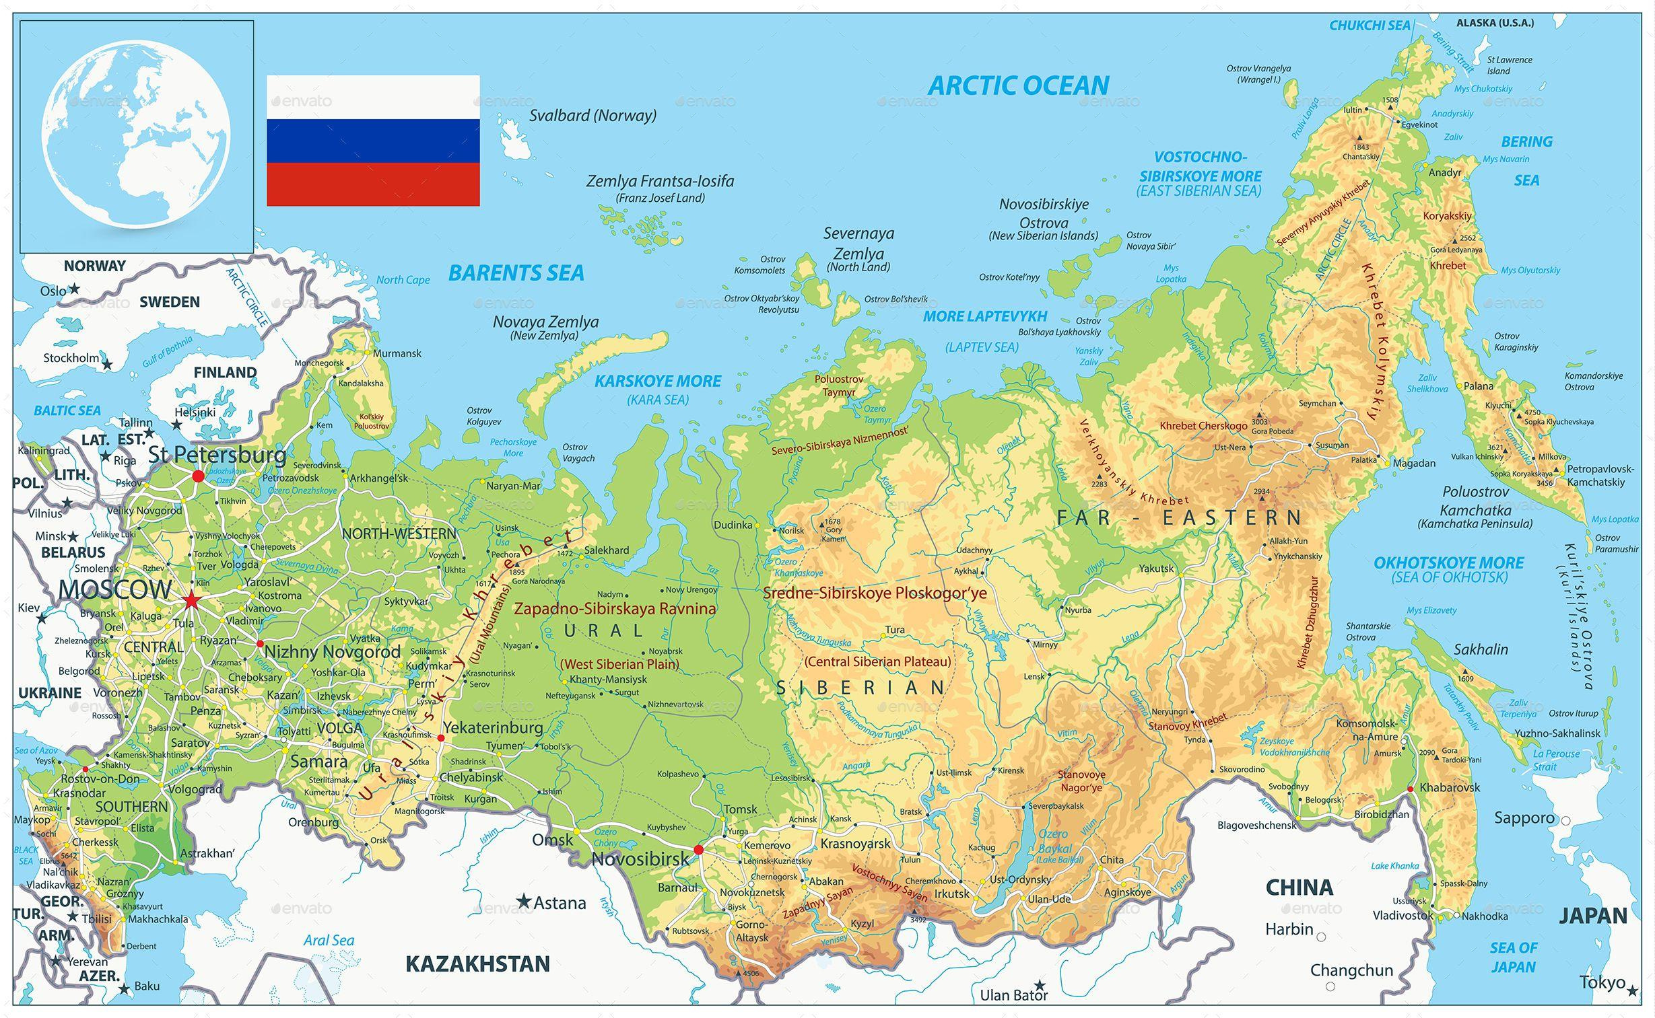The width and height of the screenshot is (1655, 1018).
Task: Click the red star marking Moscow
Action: point(191,599)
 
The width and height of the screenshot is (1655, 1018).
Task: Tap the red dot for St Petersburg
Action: point(198,476)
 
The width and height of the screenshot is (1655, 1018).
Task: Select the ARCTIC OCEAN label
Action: point(1018,85)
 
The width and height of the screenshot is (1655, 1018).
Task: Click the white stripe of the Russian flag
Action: point(373,98)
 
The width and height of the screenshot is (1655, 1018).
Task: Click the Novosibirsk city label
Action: point(640,859)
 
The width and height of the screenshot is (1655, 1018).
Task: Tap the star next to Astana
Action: point(523,901)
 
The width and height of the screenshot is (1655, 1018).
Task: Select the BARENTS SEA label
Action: point(516,272)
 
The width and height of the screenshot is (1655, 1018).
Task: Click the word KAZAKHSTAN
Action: point(477,964)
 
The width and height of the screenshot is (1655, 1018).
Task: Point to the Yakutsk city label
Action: point(1156,569)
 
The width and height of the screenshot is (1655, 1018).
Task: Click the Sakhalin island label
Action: point(1481,649)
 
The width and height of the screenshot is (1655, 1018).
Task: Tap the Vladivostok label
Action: point(1403,915)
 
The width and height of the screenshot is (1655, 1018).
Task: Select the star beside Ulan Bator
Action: point(1040,984)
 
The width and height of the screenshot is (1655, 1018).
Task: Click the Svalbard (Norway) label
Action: point(592,115)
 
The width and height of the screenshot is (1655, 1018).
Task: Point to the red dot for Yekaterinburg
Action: point(441,738)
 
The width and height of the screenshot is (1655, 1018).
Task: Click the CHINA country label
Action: point(1299,887)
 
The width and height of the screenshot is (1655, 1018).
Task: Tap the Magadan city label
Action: point(1415,462)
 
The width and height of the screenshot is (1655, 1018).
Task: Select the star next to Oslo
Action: point(75,289)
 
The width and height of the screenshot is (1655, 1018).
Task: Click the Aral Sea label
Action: point(328,940)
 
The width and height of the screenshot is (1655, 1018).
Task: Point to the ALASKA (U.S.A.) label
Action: point(1495,23)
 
